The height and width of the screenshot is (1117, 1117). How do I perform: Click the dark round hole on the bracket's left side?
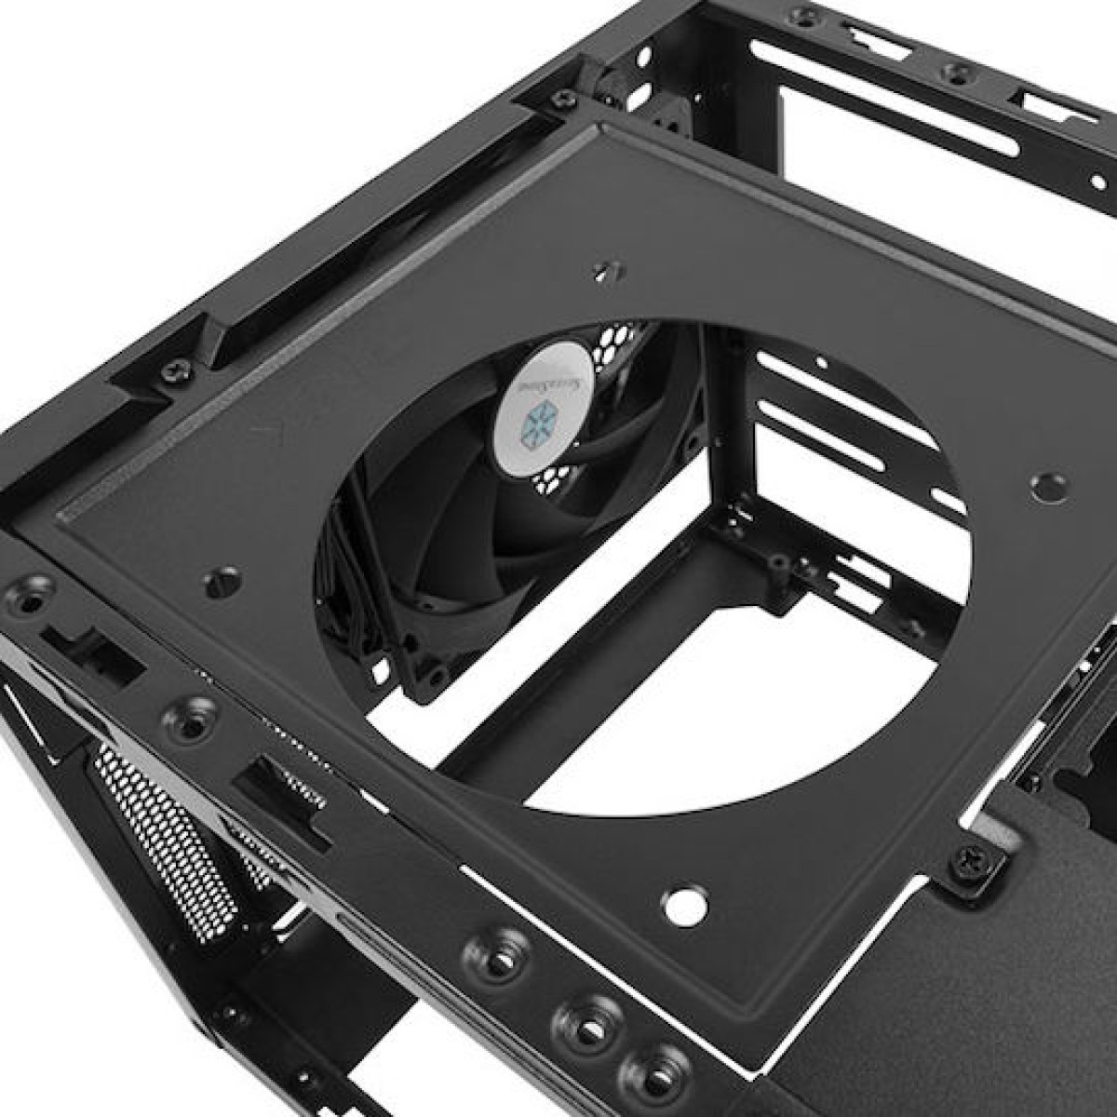(x=222, y=581)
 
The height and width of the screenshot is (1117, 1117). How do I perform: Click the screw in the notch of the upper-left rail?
(x=175, y=370)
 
